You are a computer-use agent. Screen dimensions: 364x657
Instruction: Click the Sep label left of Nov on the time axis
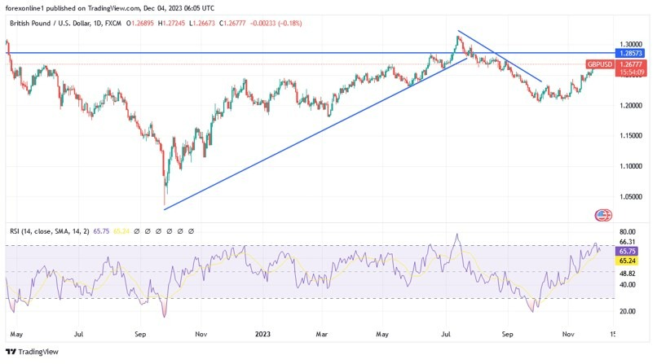(140, 334)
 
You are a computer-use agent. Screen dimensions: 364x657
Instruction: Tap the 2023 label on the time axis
(262, 334)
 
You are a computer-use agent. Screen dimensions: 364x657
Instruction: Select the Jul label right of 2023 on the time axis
(446, 334)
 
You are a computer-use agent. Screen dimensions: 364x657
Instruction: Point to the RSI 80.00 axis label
(627, 232)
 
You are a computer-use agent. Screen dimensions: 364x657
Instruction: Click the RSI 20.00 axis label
(627, 311)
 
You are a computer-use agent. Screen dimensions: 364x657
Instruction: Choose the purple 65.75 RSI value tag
(627, 251)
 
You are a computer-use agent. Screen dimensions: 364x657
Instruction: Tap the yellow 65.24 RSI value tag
(627, 261)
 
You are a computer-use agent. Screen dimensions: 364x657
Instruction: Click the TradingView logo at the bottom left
(32, 352)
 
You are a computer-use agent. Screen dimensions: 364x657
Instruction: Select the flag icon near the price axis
(603, 215)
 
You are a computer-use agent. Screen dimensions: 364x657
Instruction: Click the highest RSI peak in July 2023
(457, 235)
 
